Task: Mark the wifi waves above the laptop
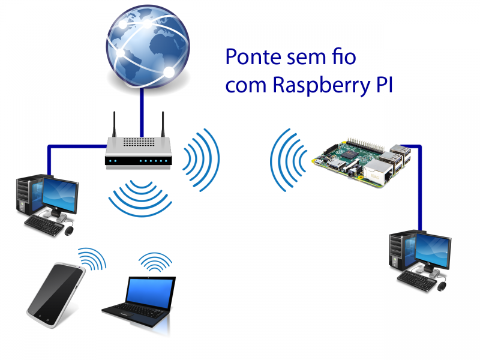point(156,262)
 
